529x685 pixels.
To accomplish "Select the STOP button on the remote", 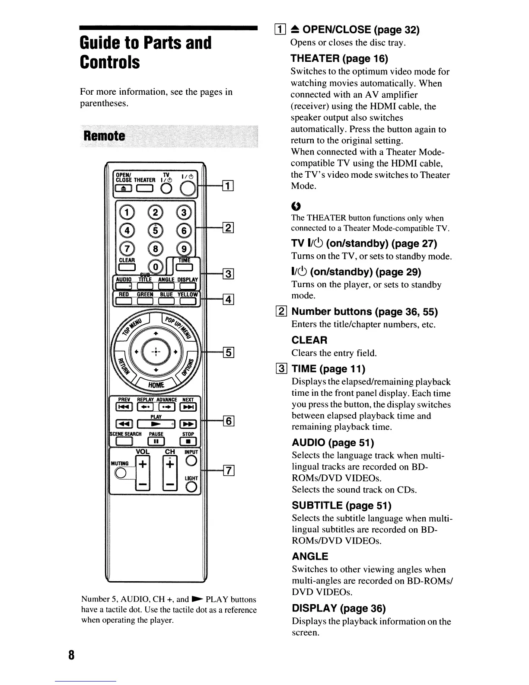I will tap(188, 442).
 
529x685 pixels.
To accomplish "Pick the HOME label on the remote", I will tap(156, 385).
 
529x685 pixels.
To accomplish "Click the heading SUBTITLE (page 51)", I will tap(341, 505).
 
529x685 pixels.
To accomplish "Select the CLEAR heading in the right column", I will tap(309, 340).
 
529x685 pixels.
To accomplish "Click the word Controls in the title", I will tap(110, 62).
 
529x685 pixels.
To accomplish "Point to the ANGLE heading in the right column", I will tap(310, 556).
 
